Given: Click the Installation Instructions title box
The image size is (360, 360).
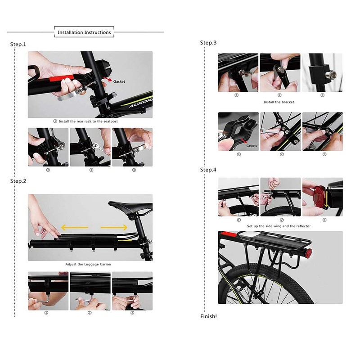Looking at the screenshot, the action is point(84,32).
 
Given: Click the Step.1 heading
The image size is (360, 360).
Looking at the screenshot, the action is point(18,44).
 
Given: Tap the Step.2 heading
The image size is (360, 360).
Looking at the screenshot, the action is point(18,181).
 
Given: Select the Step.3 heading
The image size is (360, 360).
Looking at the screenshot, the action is point(208,43).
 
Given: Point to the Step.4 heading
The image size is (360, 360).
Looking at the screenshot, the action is point(208,170).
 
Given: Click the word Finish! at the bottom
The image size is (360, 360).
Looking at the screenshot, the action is point(208,316).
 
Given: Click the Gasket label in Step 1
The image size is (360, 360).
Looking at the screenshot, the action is point(119,81).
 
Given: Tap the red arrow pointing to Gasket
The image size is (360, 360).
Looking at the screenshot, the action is point(108,80).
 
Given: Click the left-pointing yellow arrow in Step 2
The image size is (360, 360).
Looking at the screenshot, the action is point(75,228).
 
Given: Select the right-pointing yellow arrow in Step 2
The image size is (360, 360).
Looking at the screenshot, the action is point(114,228).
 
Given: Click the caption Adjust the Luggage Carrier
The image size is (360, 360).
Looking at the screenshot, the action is point(88,264).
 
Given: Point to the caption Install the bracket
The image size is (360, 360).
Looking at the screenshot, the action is point(279,102).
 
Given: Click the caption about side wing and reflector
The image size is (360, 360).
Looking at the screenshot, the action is point(279,226).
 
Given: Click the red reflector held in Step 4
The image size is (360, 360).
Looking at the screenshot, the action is point(320,197).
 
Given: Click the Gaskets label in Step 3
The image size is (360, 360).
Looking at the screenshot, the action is point(252,146).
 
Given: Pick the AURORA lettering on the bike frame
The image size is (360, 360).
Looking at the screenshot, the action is point(140,103).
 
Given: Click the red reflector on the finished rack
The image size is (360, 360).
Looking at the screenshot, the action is point(309,252).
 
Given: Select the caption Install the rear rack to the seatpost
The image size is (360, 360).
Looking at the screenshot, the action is point(88,121).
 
